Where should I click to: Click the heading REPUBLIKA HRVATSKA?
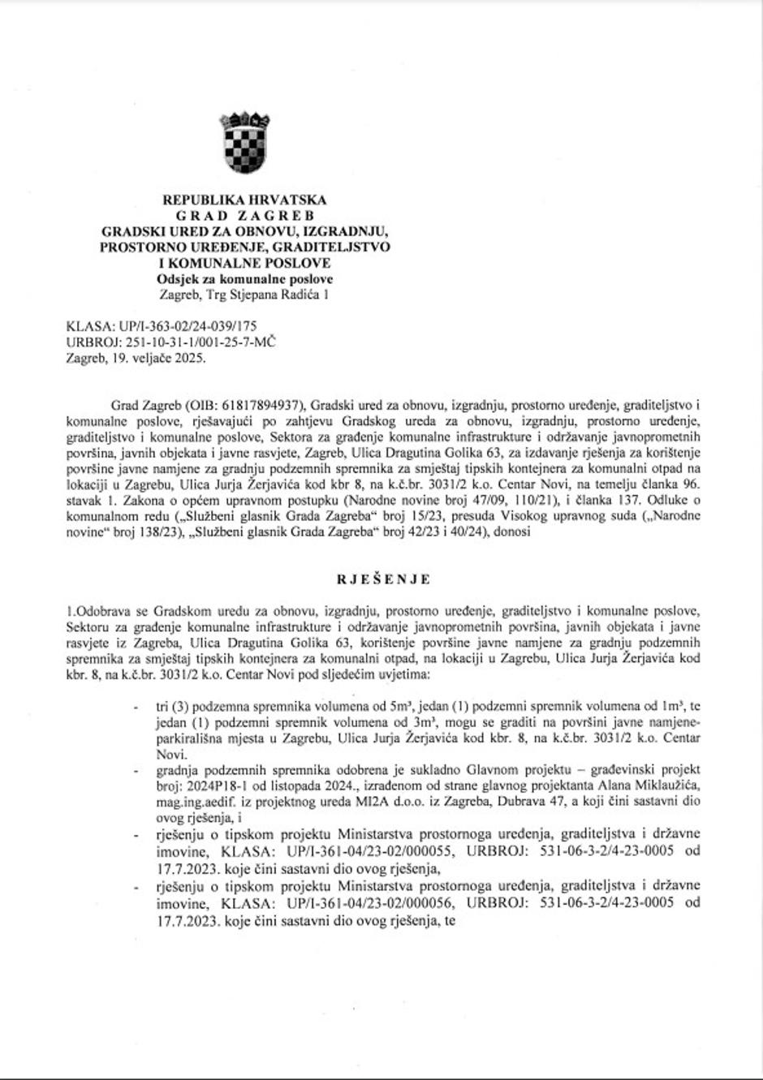[x=244, y=200]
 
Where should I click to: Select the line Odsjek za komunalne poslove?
[x=244, y=279]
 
